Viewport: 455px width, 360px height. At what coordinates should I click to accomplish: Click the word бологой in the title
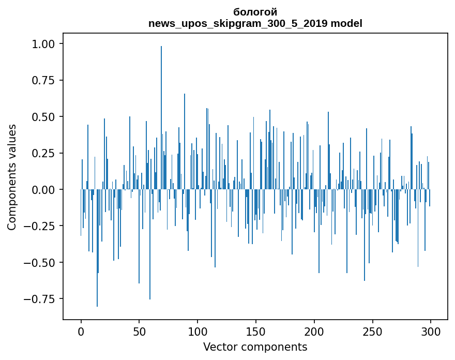[255, 12]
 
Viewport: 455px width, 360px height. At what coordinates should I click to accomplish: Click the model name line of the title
[255, 23]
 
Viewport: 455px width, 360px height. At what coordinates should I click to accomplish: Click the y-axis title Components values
[12, 177]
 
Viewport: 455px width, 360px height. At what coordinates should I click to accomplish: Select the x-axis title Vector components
[255, 347]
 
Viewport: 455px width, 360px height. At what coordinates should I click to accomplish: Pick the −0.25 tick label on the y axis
[41, 226]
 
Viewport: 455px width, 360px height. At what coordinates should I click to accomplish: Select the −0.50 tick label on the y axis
[41, 262]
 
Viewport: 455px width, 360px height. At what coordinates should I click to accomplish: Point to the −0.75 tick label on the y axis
[41, 299]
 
